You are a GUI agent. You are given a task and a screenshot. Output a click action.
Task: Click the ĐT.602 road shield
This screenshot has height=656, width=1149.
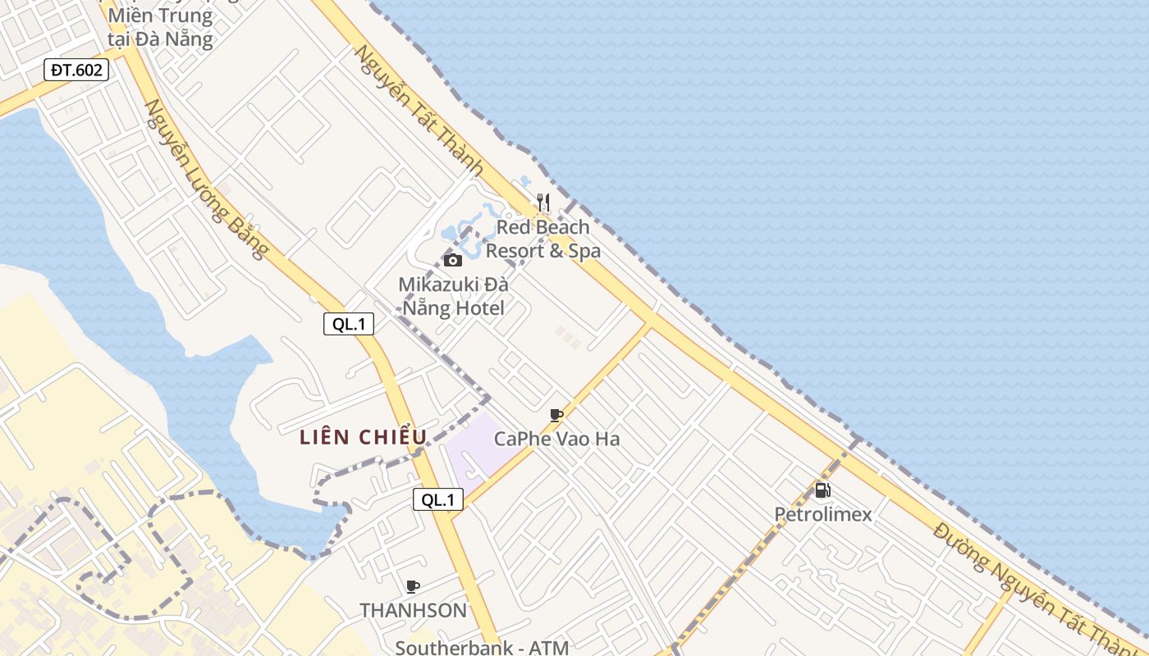(x=76, y=70)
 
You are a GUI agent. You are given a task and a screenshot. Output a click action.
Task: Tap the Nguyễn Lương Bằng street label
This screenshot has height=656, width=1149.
(x=206, y=179)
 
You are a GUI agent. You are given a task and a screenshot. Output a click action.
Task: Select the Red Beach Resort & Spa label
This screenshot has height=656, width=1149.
(x=542, y=239)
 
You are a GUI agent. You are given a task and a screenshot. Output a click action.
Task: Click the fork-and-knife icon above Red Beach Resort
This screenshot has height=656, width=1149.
(x=542, y=202)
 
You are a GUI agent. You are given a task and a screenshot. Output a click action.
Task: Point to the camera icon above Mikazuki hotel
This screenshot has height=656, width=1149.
(x=452, y=261)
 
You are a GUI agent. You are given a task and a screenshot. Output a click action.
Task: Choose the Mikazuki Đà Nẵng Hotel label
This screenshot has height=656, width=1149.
(x=453, y=296)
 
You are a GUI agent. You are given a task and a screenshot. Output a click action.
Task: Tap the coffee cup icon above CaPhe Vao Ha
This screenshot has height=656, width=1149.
(x=556, y=415)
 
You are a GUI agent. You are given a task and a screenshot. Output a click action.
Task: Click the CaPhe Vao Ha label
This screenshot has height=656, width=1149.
(x=556, y=439)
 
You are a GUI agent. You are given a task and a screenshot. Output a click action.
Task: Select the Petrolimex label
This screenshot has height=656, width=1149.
(x=822, y=514)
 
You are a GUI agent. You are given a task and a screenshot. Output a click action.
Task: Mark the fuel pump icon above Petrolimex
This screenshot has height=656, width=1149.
(x=822, y=490)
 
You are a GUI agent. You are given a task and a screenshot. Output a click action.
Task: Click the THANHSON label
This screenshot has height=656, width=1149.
(x=413, y=610)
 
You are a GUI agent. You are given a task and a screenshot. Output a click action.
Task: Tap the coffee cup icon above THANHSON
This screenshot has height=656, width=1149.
(x=413, y=586)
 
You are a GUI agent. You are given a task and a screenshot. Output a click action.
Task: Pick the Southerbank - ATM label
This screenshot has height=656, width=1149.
(x=482, y=647)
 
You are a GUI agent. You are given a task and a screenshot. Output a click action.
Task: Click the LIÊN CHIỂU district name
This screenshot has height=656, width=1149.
(x=364, y=437)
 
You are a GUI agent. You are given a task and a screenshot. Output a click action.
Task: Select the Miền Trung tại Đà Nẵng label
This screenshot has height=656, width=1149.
(x=160, y=26)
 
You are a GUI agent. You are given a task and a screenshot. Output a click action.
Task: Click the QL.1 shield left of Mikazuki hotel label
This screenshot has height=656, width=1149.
(x=349, y=324)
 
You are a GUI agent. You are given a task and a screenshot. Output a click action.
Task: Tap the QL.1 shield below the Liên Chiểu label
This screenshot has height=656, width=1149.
(x=437, y=499)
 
